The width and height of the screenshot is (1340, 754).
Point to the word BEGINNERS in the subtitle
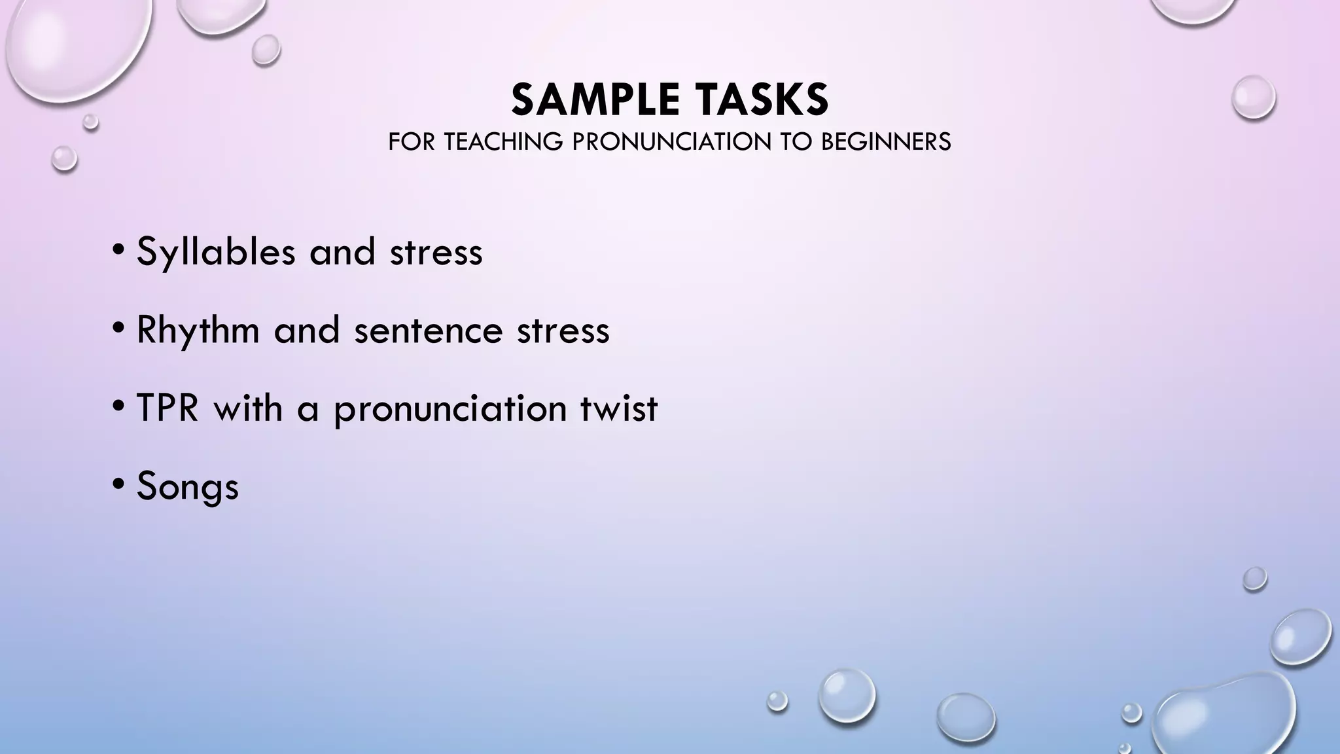click(885, 142)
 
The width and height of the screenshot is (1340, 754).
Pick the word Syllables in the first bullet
click(215, 253)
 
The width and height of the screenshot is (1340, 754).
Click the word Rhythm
click(198, 330)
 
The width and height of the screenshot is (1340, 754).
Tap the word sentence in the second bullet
click(428, 330)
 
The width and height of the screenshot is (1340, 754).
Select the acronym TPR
click(167, 408)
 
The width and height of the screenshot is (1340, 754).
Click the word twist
click(618, 408)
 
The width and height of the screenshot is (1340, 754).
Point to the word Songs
click(187, 487)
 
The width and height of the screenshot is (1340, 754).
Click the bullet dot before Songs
click(118, 485)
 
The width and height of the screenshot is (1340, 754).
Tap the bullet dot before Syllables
click(118, 249)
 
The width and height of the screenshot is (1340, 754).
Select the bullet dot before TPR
click(118, 406)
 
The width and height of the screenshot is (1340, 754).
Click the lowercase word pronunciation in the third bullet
click(450, 410)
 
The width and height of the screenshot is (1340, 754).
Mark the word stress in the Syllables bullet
click(436, 253)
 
